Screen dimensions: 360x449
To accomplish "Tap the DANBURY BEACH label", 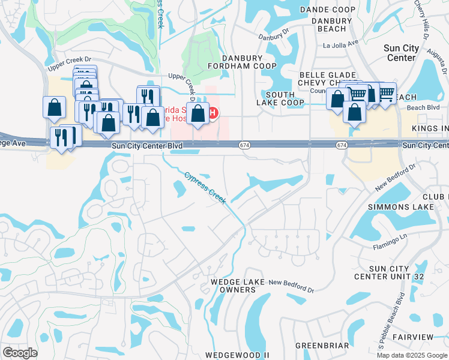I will pyautogui.click(x=328, y=24).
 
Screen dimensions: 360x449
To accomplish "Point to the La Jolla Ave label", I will pyautogui.click(x=340, y=44).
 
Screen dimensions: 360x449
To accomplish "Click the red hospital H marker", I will pyautogui.click(x=212, y=112).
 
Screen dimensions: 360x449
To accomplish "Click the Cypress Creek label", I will pyautogui.click(x=205, y=187).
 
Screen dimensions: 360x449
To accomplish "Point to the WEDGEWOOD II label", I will pyautogui.click(x=237, y=355).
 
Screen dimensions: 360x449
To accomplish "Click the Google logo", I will pyautogui.click(x=20, y=353).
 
